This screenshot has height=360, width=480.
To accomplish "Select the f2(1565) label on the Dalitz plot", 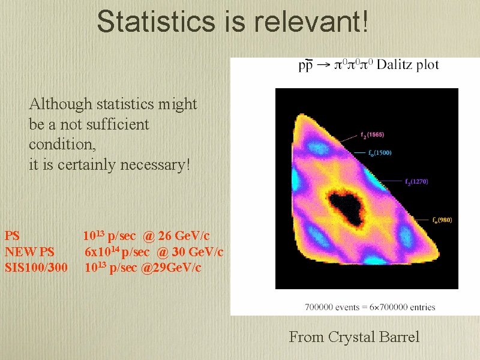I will tap(373, 134).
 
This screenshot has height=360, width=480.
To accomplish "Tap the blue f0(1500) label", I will tap(380, 152).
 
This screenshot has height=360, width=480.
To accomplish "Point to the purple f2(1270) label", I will tap(416, 181).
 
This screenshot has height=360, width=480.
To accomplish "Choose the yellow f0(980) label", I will tap(442, 220).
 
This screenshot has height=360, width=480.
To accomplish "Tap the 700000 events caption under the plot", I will tap(370, 307).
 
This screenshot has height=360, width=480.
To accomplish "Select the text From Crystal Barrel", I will tap(354, 337).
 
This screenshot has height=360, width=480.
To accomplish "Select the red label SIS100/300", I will tap(36, 266).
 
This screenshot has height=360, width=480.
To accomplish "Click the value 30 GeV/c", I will tap(197, 251).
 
